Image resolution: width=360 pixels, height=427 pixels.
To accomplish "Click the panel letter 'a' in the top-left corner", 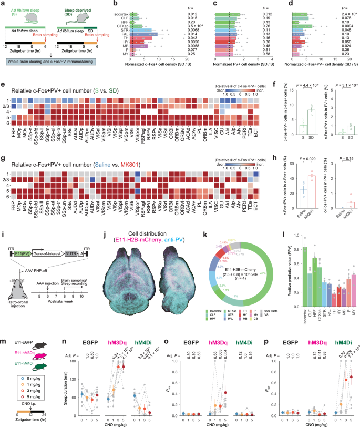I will click(x=4, y=4).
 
